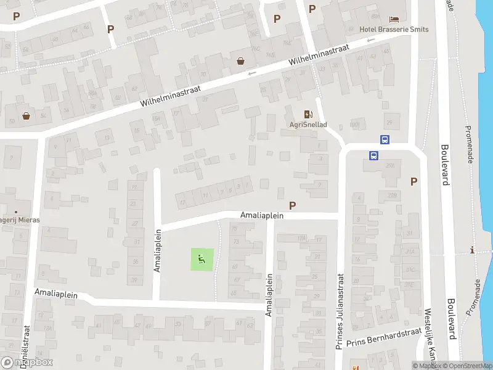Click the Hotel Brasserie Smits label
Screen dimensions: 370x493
pos(394,29)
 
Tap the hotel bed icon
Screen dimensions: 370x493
pos(394,18)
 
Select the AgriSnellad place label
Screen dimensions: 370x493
pos(308,124)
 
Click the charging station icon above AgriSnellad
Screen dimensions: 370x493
pos(308,113)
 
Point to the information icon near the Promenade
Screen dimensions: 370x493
pos(472,250)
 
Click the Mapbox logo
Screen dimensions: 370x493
pos(27,362)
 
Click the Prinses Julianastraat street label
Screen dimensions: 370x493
pos(340,311)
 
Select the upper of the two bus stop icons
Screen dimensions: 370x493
pos(385,140)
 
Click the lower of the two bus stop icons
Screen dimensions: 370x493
pos(373,155)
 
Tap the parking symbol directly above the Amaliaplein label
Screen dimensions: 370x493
pos(292,205)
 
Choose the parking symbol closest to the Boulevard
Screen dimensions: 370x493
pos(414,181)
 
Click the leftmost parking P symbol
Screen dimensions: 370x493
pos(16,16)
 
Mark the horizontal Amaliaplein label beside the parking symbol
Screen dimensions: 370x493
pos(262,215)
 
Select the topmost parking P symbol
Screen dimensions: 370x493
pos(312,9)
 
